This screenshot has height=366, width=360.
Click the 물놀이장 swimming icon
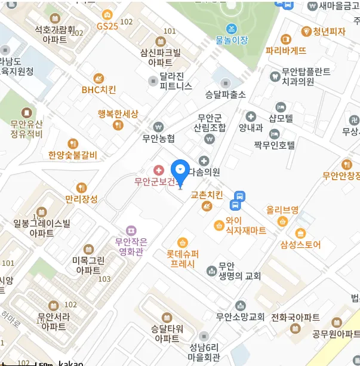tap(231, 29)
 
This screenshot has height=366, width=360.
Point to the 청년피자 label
tap(329, 32)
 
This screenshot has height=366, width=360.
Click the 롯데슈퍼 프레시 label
tap(182, 258)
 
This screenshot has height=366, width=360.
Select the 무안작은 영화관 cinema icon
tap(131, 230)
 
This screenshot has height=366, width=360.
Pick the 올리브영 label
tap(282, 210)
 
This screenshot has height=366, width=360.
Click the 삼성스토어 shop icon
tap(300, 232)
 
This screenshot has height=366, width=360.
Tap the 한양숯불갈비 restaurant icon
tap(73, 143)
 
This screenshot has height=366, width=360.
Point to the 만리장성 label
tap(81, 199)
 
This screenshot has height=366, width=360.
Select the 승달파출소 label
tap(225, 94)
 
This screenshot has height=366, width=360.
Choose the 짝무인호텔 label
tap(275, 144)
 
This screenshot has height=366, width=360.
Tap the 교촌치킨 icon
tap(207, 206)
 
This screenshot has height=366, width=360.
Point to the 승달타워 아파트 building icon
tap(167, 317)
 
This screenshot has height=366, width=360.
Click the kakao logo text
tap(70, 363)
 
